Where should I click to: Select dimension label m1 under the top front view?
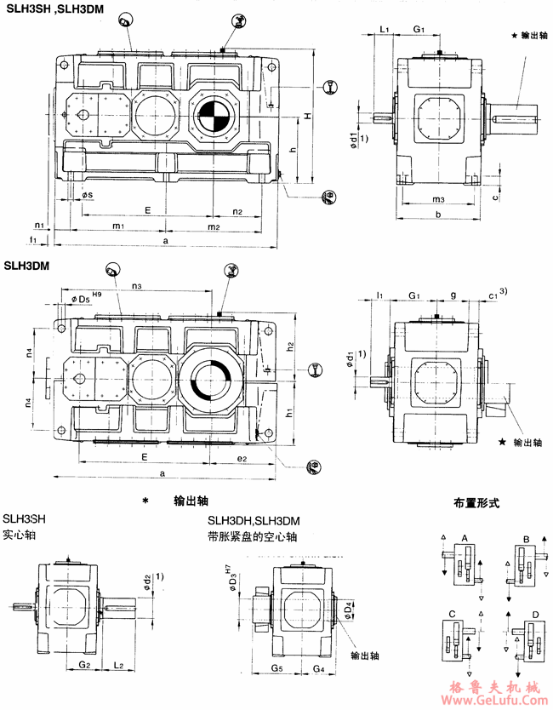119,226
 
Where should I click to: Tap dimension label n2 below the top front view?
237,211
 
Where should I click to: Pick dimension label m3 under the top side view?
438,199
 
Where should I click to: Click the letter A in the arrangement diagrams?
465,538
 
